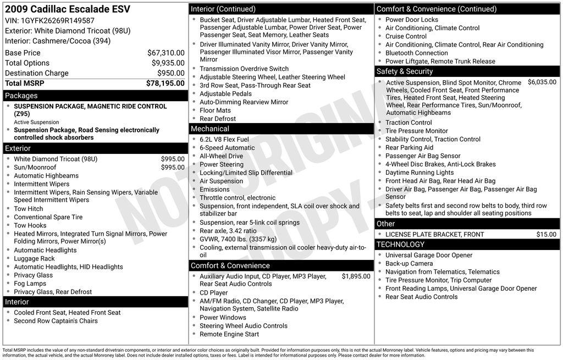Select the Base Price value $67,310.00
pos(165,53)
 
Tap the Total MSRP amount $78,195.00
pos(165,83)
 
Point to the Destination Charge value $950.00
pos(170,73)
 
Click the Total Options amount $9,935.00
pos(168,63)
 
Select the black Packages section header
pos(95,96)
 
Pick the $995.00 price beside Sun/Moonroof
pos(173,168)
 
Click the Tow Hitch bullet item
pos(29,209)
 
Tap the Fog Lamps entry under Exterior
pos(30,284)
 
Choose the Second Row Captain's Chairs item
pos(56,321)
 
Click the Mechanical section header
pos(281,129)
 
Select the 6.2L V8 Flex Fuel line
pos(224,140)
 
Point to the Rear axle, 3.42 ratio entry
pos(228,231)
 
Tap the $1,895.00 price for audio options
pos(356,276)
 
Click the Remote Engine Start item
pos(229,334)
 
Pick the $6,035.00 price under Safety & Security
pos(542,82)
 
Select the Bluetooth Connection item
pos(416,53)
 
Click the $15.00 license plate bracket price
pos(546,235)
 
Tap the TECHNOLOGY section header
pos(400,245)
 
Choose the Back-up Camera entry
pos(409,264)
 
